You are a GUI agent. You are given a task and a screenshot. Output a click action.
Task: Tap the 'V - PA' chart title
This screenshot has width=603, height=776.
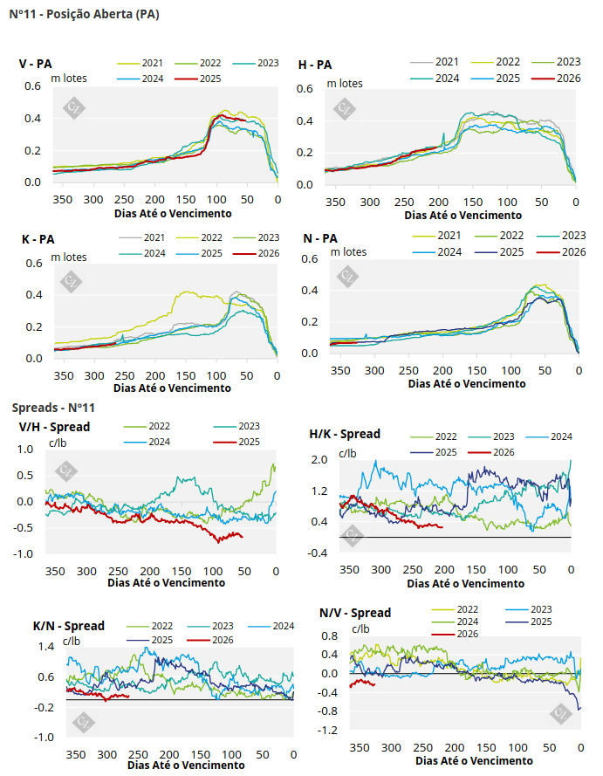[x=36, y=64]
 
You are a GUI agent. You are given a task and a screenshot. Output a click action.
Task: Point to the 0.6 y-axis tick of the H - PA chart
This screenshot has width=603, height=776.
[x=305, y=89]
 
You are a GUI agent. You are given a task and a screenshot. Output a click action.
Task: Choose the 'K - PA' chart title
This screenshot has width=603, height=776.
[x=36, y=237]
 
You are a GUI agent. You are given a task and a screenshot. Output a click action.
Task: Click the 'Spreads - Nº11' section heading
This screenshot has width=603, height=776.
[x=52, y=408]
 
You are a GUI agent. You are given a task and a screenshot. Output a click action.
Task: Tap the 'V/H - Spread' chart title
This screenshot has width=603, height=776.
[x=54, y=427]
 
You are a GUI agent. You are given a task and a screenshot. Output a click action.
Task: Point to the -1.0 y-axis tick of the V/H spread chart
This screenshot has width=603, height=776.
[x=25, y=553]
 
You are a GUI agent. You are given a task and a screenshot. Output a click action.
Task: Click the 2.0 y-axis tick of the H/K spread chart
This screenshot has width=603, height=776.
[x=319, y=459]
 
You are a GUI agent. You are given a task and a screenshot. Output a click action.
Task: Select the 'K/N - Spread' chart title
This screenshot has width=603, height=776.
[x=69, y=626]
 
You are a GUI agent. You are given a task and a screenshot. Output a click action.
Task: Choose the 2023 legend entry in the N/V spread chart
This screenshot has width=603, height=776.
[x=540, y=608]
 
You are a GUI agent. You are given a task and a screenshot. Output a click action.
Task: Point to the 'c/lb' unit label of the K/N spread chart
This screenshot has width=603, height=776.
[x=69, y=642]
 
